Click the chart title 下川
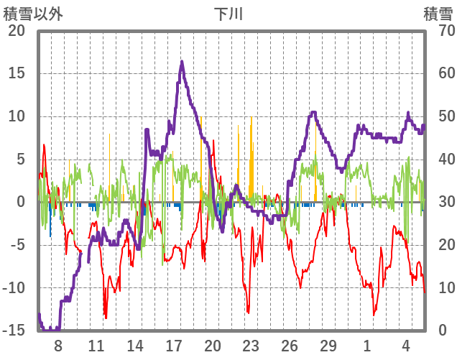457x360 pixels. click(x=228, y=14)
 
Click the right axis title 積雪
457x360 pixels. click(x=438, y=14)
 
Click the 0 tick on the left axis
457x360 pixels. click(x=22, y=202)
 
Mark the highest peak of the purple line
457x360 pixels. click(x=182, y=62)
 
